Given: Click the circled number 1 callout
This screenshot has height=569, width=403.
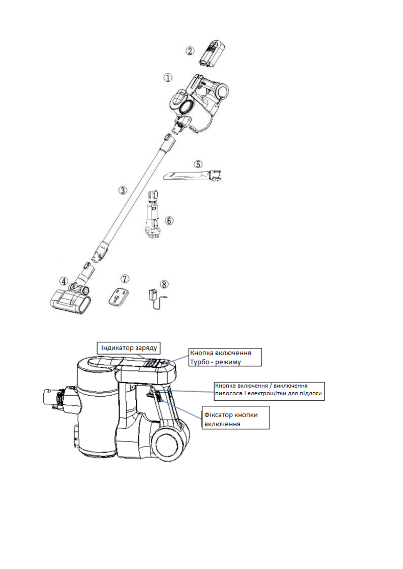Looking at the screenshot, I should (168, 78).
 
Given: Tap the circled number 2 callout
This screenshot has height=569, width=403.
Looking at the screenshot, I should (190, 51).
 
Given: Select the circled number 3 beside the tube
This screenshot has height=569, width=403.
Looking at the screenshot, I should (122, 190).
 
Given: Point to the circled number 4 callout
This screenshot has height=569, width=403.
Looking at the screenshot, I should (64, 281).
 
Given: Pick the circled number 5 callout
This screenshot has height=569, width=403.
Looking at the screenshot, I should (198, 165).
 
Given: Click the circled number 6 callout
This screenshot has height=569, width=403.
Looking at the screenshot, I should (169, 221).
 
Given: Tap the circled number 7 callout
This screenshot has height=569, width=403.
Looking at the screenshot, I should (125, 279).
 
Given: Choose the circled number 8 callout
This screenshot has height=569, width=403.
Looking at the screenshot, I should (164, 284).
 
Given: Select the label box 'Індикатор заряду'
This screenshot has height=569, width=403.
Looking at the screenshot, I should (129, 348).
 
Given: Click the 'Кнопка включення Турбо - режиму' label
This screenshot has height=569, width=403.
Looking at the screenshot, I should (225, 357).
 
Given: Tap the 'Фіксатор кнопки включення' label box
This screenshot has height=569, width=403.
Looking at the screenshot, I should (236, 419).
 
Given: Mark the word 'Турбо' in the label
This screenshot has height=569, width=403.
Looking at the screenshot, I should (200, 362).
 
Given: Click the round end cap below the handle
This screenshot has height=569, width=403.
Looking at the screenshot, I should (168, 444).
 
